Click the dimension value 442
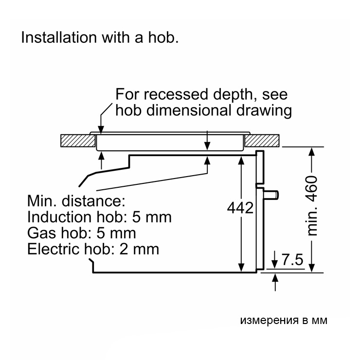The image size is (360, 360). [240, 208]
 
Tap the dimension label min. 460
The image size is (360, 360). [312, 206]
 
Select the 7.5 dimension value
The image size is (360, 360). [292, 260]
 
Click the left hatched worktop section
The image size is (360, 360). [78, 141]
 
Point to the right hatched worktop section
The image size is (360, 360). [262, 141]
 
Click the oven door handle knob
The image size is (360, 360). [271, 195]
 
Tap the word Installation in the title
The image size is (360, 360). [59, 37]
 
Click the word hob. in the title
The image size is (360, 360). [163, 37]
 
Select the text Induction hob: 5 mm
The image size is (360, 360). [99, 217]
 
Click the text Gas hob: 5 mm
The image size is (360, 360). [82, 233]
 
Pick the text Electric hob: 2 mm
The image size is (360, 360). [93, 249]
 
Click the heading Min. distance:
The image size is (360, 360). [76, 201]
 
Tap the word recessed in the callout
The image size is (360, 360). [176, 94]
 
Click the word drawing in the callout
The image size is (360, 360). [264, 110]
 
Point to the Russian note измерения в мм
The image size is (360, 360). [284, 320]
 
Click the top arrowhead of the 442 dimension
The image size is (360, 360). [241, 161]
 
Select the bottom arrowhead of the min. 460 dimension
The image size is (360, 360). [311, 268]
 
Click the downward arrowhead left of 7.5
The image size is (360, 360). [275, 264]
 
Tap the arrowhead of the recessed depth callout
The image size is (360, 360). [101, 129]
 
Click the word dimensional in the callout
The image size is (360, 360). [188, 110]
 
